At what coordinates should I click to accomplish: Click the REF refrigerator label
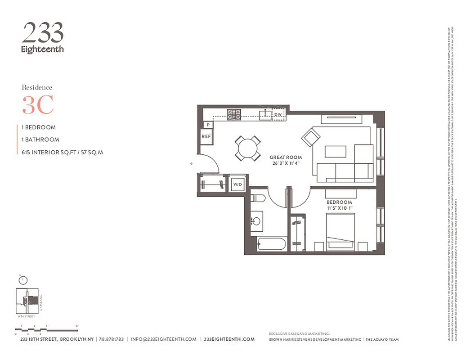click(x=206, y=136)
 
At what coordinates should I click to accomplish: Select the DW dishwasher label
click(x=278, y=115)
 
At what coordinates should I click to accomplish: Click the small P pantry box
click(x=208, y=125)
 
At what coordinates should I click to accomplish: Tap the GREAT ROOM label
click(x=286, y=157)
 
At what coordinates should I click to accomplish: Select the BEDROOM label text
click(x=339, y=202)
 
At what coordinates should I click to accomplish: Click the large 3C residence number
click(x=38, y=105)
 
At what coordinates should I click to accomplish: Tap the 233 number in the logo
click(x=43, y=33)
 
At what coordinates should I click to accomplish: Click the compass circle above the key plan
click(x=23, y=280)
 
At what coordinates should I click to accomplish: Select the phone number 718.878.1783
click(x=111, y=339)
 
